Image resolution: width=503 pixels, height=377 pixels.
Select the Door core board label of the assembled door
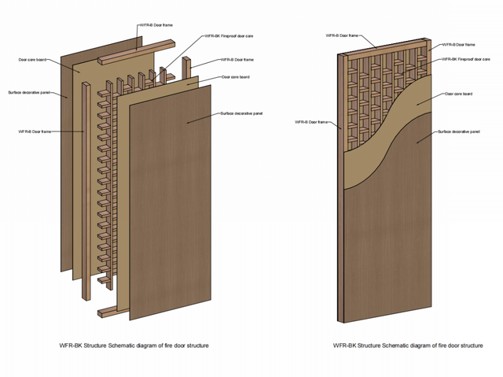point(459,94)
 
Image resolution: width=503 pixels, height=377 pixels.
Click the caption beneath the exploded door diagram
point(134,345)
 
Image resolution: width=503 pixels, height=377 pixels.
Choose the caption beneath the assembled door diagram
point(408,345)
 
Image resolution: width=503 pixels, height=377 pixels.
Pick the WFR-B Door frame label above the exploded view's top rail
point(158,25)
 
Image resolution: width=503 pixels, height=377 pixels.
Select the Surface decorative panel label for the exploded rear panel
point(29,93)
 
